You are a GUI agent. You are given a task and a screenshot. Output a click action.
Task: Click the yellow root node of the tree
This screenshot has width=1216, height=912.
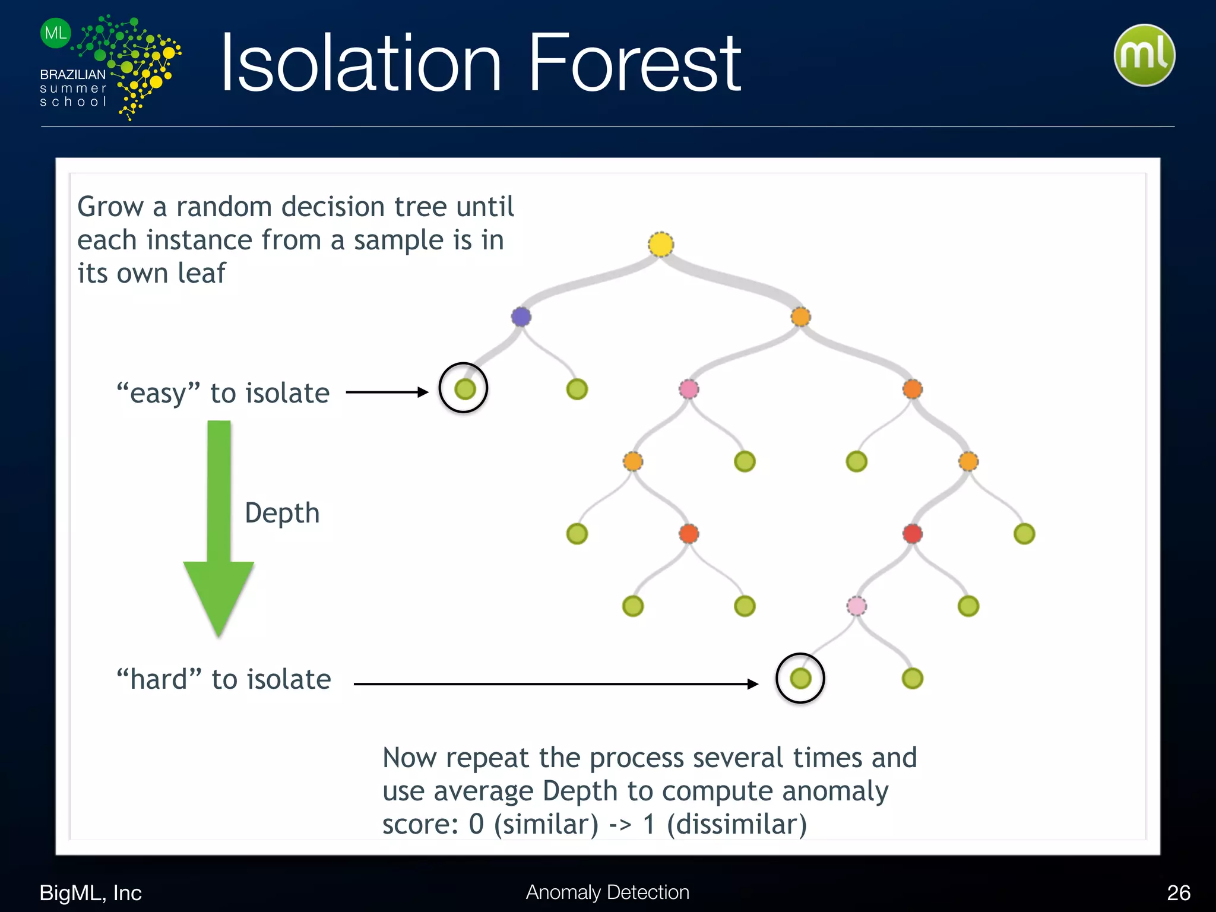coord(661,245)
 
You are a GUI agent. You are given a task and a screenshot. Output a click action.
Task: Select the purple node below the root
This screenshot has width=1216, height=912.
coord(521,316)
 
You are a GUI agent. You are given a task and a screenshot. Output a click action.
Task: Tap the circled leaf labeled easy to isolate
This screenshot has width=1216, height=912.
coord(465,389)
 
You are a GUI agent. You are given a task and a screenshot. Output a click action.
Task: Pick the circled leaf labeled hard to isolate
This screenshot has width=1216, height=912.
coord(800,678)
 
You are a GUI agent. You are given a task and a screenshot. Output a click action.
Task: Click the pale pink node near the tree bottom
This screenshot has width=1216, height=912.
coord(856,606)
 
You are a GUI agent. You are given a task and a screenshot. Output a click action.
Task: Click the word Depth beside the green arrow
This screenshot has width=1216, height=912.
coord(282,513)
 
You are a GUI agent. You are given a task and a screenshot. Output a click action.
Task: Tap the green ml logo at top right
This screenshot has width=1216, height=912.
coord(1144,55)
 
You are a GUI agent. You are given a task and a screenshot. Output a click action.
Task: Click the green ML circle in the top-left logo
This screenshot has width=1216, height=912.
coord(56,33)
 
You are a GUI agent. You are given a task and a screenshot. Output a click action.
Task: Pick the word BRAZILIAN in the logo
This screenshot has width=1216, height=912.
coord(72,75)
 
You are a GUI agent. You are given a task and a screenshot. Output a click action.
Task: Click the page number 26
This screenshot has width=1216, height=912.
coord(1178,892)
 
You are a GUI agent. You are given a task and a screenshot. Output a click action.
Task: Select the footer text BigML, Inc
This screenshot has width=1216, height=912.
coord(90,892)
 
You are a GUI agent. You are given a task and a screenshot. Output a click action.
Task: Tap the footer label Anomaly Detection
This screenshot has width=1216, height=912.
coord(607,892)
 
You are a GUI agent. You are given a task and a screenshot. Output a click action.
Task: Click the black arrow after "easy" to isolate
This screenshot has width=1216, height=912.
coord(387,392)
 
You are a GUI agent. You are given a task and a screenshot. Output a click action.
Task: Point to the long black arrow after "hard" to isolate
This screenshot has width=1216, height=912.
coord(555,684)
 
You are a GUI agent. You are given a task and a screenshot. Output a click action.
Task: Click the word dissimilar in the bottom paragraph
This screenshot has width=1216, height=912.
coord(737,824)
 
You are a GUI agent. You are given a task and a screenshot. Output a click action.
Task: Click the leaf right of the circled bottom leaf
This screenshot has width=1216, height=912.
coord(912,678)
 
